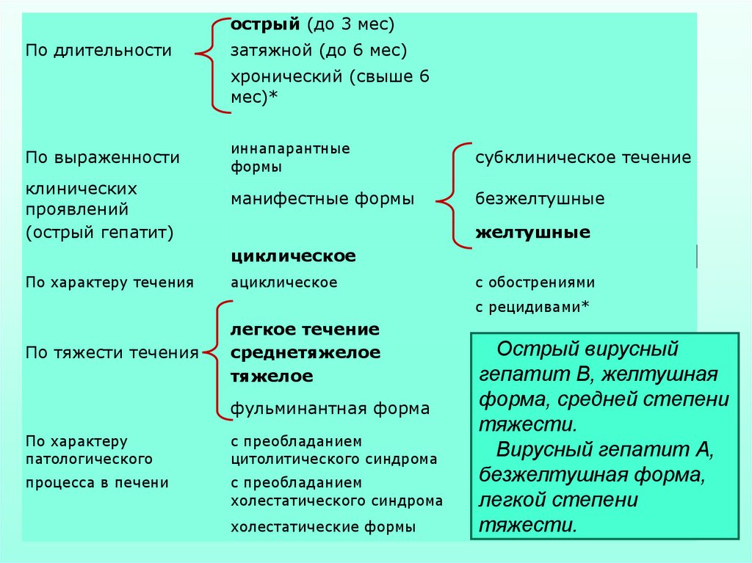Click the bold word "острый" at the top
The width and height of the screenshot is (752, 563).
click(265, 25)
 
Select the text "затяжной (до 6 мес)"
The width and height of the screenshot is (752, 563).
click(319, 51)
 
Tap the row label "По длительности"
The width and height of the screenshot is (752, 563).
click(98, 51)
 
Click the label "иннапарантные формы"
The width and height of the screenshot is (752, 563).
click(290, 158)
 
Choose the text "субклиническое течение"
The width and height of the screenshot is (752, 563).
click(583, 158)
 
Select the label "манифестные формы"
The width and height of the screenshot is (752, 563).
click(322, 199)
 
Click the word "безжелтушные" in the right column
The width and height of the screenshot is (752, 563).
click(540, 199)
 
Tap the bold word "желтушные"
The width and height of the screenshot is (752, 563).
click(532, 233)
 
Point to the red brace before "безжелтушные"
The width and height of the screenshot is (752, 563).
click(453, 197)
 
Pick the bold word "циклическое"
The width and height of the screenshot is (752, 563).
click(293, 256)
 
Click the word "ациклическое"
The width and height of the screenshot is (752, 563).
click(284, 283)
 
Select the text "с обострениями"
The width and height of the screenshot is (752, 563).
click(535, 283)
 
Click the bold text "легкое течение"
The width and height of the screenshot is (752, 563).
click(305, 329)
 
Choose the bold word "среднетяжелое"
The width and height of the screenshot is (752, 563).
click(305, 353)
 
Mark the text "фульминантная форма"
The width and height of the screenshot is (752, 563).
click(330, 409)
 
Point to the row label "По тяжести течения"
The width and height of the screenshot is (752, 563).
click(112, 353)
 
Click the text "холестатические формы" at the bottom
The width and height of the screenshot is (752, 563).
click(323, 527)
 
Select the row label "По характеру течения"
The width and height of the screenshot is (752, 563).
click(109, 283)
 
